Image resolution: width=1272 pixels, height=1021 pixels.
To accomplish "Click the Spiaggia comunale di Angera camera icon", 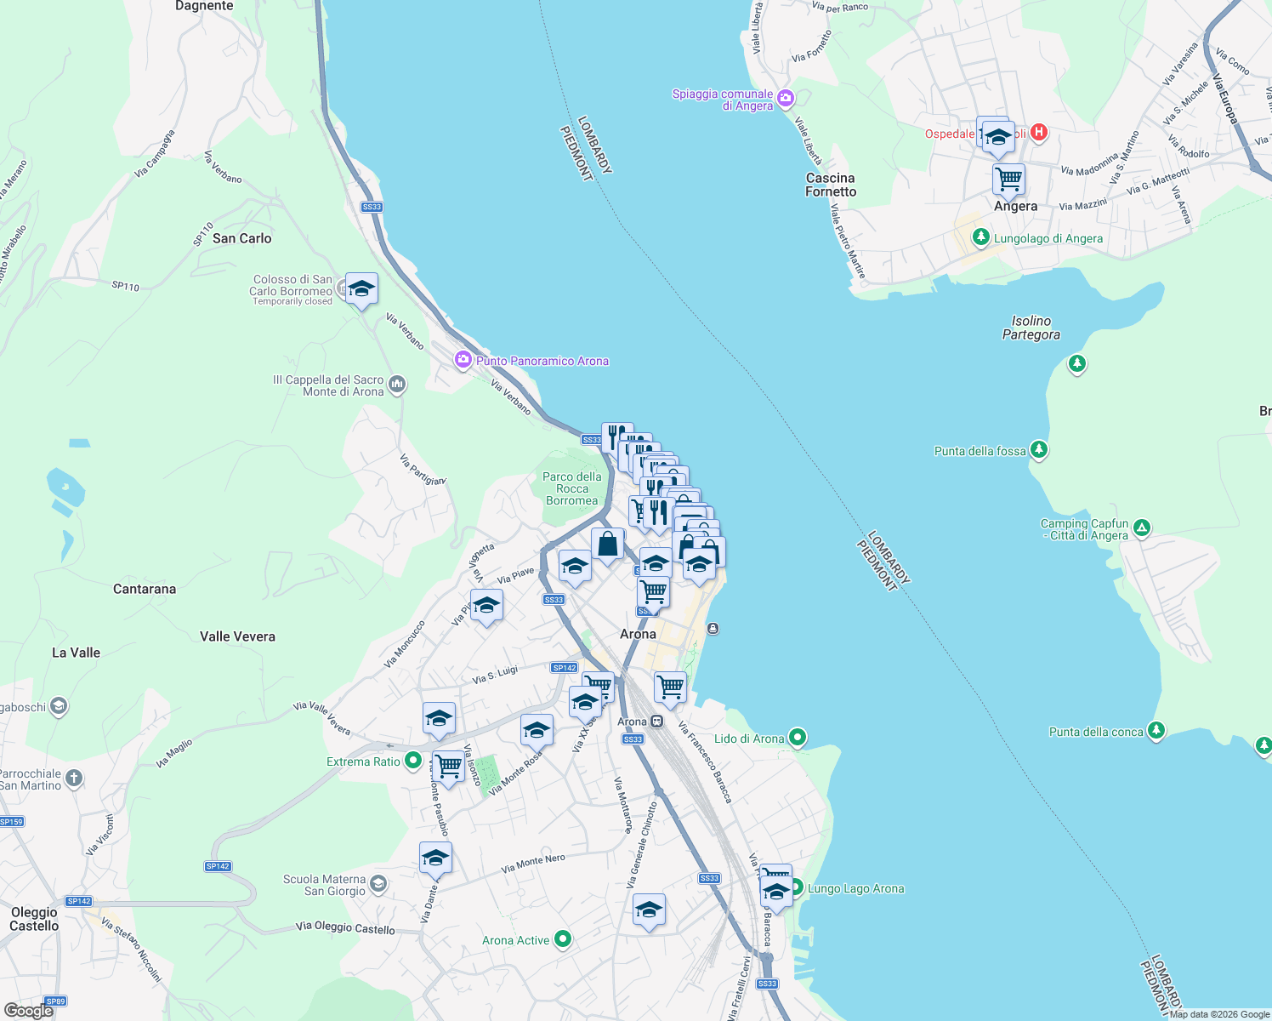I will pos(786,99).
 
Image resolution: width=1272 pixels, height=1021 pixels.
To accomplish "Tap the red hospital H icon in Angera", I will pos(1038,133).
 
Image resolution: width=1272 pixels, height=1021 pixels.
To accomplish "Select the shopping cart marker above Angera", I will pos(1008,180).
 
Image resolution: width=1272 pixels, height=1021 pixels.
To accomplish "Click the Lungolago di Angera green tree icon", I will pos(980,237).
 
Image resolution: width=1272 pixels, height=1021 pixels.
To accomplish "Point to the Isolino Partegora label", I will pos(1031,328).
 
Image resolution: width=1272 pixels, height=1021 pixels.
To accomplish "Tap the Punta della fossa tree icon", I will pos(1038,449).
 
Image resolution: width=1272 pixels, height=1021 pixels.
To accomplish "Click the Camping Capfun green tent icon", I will pos(1142,528).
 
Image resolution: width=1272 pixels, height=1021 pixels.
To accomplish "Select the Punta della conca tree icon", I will pos(1156,731).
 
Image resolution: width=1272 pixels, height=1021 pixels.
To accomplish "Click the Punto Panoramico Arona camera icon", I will pos(463,360).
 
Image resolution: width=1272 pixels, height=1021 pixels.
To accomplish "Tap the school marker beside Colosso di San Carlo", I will pos(361,289).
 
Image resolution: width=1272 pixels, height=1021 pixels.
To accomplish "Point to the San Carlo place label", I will pos(241,238).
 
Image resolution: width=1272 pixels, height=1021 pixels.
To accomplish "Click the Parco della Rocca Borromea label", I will pos(571,488).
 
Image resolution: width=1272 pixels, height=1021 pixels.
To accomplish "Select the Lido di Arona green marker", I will pos(797,738).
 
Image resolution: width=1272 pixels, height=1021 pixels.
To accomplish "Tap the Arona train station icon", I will pos(656,722).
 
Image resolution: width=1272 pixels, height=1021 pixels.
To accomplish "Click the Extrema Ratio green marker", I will pos(413,761).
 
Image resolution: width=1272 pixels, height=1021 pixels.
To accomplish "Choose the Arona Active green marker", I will pos(563,939).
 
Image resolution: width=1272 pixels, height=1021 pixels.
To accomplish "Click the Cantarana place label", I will pos(145,589).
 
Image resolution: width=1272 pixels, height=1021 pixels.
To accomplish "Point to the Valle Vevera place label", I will pos(237,636).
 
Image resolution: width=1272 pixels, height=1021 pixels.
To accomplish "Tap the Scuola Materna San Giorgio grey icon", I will pos(378,884).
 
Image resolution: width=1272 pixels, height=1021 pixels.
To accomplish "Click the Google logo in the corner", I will pos(28,1010).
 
